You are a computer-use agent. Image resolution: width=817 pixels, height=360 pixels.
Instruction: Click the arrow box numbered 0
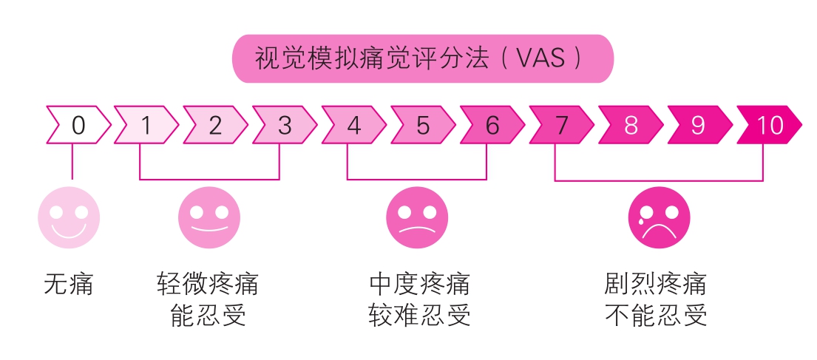(x=78, y=125)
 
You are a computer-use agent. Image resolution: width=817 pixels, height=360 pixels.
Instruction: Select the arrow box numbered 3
(x=285, y=125)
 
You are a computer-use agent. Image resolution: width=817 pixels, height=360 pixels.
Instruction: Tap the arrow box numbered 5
(x=423, y=125)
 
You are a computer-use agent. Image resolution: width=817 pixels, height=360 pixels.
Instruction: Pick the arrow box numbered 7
(x=561, y=125)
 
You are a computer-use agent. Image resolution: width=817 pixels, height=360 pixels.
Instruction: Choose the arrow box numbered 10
(x=769, y=125)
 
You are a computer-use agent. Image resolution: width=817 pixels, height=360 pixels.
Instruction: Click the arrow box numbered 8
(x=631, y=125)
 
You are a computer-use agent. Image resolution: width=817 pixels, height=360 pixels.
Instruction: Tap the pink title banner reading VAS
(x=423, y=59)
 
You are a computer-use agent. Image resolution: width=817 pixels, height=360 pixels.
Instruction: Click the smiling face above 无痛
(x=70, y=218)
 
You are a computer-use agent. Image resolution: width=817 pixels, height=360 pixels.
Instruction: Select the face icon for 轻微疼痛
(x=209, y=218)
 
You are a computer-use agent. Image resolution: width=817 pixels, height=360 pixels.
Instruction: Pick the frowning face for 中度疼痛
(x=417, y=218)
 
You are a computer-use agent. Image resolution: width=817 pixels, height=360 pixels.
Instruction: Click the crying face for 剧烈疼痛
(x=659, y=218)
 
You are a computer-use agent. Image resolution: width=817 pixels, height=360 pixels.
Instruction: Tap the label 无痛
(x=69, y=284)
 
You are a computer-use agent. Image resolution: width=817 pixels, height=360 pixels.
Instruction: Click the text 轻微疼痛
(x=207, y=284)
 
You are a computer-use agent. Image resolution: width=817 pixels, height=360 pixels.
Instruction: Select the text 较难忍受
(x=419, y=315)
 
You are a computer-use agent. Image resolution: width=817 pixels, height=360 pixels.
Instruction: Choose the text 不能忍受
(x=656, y=315)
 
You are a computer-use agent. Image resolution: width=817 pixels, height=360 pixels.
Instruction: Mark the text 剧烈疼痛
(x=656, y=284)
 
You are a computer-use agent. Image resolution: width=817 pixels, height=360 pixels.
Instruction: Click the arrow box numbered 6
(x=492, y=125)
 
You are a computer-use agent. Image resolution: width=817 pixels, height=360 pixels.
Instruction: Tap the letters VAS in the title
(x=540, y=59)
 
